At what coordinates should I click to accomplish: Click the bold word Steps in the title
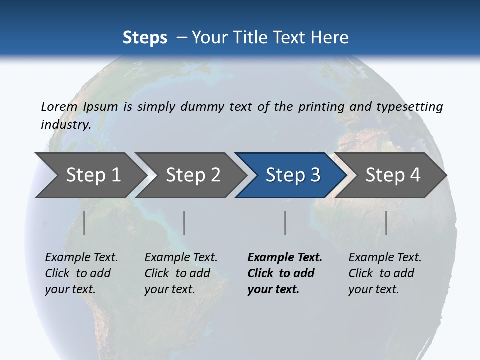pos(145,37)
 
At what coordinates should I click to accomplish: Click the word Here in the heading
pos(330,37)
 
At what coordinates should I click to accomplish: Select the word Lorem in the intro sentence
pos(59,106)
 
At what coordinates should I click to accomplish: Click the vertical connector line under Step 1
pos(84,223)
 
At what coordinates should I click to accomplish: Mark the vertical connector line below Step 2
pos(184,223)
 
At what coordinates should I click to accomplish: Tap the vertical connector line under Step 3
pos(285,223)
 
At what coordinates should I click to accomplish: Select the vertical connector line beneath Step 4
pos(386,223)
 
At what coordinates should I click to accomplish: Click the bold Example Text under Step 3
pos(285,257)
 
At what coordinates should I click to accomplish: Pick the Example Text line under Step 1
pos(81,257)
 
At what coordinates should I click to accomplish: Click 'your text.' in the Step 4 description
pos(373,289)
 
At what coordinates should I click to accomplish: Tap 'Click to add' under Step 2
pos(177,273)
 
